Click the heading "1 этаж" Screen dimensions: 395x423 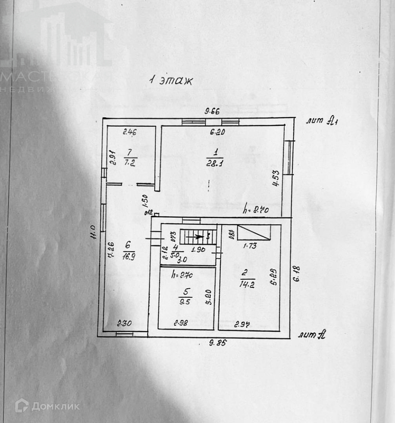point(171,81)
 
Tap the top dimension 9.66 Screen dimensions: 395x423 point(212,111)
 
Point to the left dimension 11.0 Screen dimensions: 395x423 point(93,231)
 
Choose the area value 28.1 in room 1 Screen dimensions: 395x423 point(215,163)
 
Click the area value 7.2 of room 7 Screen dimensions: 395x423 point(130,163)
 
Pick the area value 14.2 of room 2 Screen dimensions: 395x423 point(247,284)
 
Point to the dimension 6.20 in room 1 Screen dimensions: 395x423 point(217,132)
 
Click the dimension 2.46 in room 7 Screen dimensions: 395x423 point(129,132)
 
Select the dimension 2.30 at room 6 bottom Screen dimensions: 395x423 point(124,324)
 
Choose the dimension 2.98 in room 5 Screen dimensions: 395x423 point(181,324)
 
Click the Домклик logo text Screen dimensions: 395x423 point(55,406)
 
